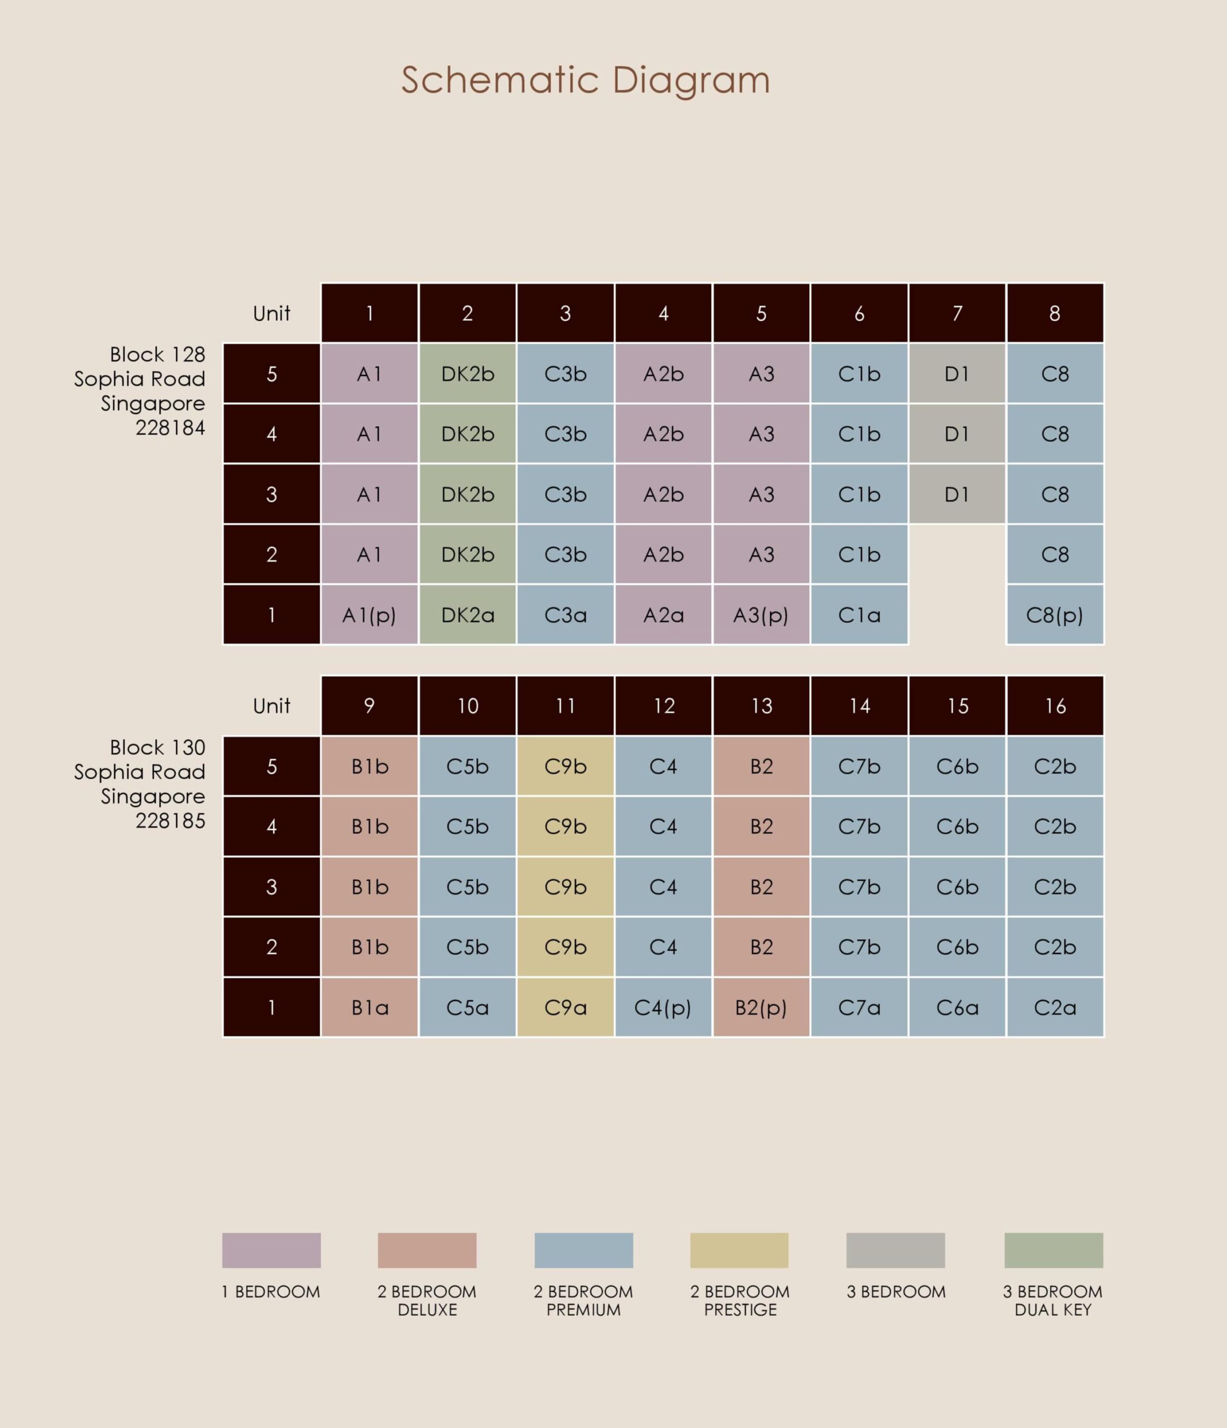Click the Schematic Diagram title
point(586,80)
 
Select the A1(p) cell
point(369,615)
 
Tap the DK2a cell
point(468,615)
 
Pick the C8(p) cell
point(1055,615)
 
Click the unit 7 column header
point(957,313)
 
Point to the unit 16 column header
point(1055,706)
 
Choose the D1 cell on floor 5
point(957,374)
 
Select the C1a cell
point(859,615)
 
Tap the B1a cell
point(369,1007)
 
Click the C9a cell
point(566,1007)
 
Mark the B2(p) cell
point(761,1007)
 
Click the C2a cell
point(1055,1007)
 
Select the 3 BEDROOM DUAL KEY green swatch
point(1054,1250)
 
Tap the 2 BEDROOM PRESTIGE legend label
point(740,1300)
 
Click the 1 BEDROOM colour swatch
point(272,1250)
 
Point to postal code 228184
point(170,428)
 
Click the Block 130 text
point(157,747)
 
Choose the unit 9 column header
point(369,706)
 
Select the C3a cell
point(566,615)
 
